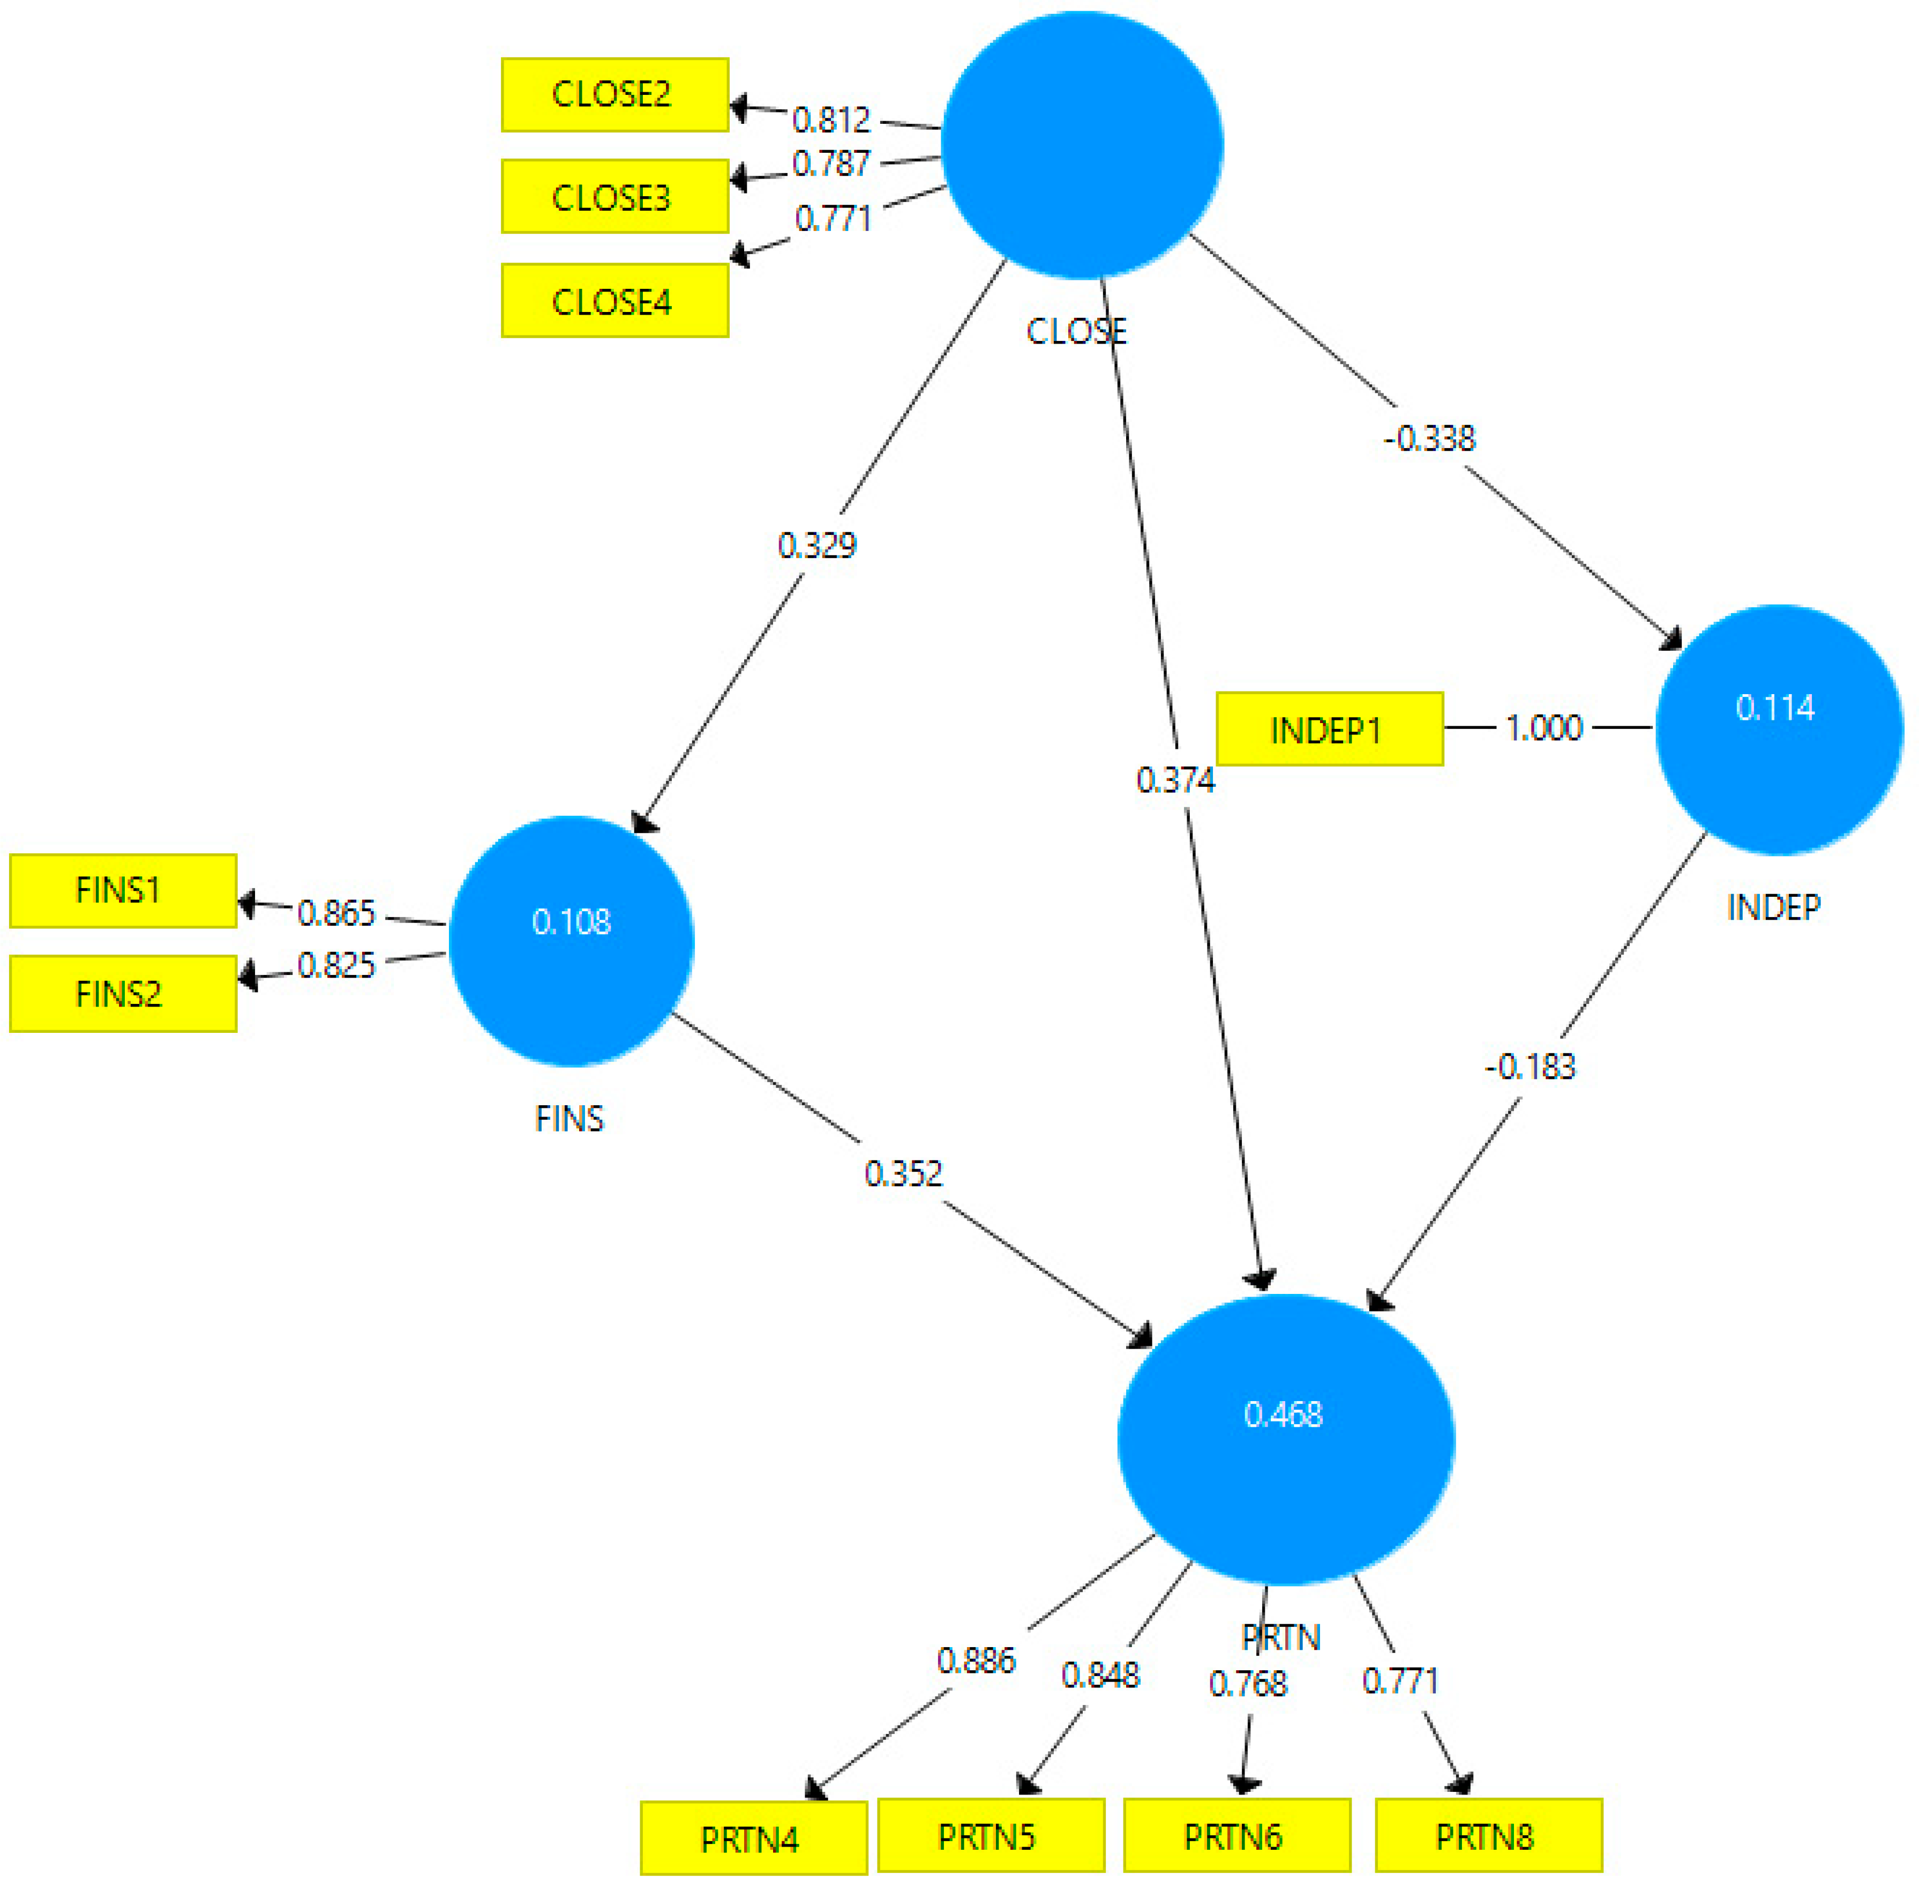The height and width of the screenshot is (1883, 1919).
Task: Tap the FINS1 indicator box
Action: [123, 891]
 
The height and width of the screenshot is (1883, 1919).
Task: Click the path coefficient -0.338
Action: [1430, 438]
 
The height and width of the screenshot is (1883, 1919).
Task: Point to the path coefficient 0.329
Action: [816, 545]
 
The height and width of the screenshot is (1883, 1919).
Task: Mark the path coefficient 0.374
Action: [1174, 780]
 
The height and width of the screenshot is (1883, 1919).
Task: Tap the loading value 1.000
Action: [1543, 728]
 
